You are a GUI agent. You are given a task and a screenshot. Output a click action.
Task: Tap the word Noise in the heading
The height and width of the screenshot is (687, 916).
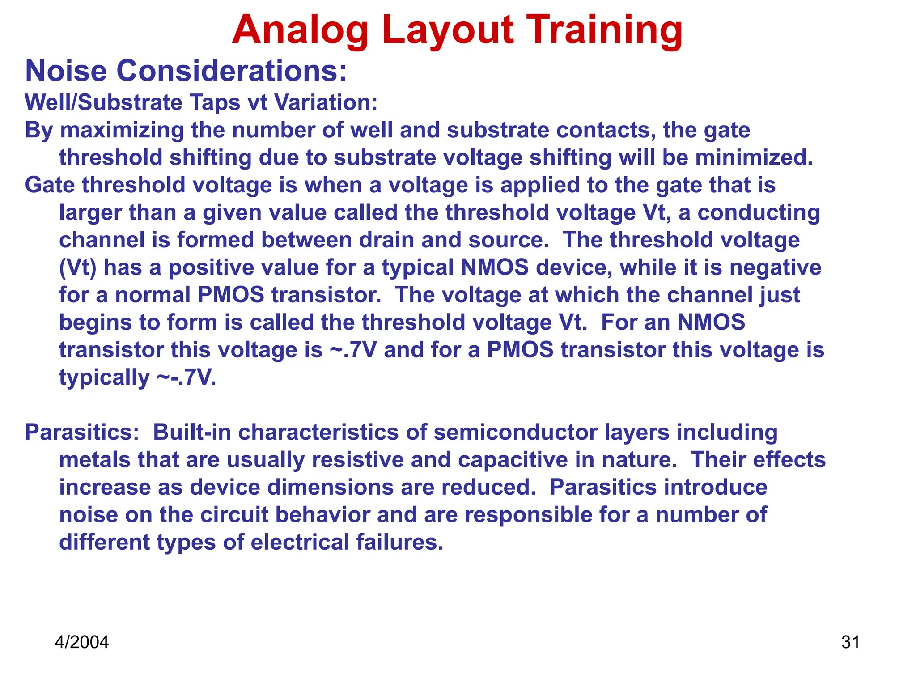66,71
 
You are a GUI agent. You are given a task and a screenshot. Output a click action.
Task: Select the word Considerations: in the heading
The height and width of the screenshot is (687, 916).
232,71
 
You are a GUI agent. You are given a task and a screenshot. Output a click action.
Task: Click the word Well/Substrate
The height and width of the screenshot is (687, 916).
103,102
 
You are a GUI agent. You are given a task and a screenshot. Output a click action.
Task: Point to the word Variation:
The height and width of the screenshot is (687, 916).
326,102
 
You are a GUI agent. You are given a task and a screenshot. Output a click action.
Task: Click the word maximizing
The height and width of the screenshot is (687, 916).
122,131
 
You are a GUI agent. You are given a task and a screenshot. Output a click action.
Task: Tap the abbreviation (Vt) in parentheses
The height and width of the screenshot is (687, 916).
77,268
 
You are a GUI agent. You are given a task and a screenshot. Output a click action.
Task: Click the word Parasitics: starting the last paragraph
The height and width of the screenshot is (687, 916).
82,433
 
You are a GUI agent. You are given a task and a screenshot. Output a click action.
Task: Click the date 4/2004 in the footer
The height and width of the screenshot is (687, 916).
81,642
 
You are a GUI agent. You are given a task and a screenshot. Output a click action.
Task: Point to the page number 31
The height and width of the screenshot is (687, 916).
850,642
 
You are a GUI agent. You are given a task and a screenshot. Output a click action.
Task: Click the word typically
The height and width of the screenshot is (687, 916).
104,378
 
